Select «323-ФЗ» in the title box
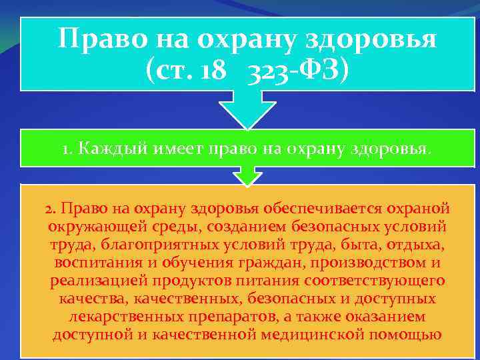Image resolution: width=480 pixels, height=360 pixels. (297, 69)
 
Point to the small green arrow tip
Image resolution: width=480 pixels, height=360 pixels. (247, 177)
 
